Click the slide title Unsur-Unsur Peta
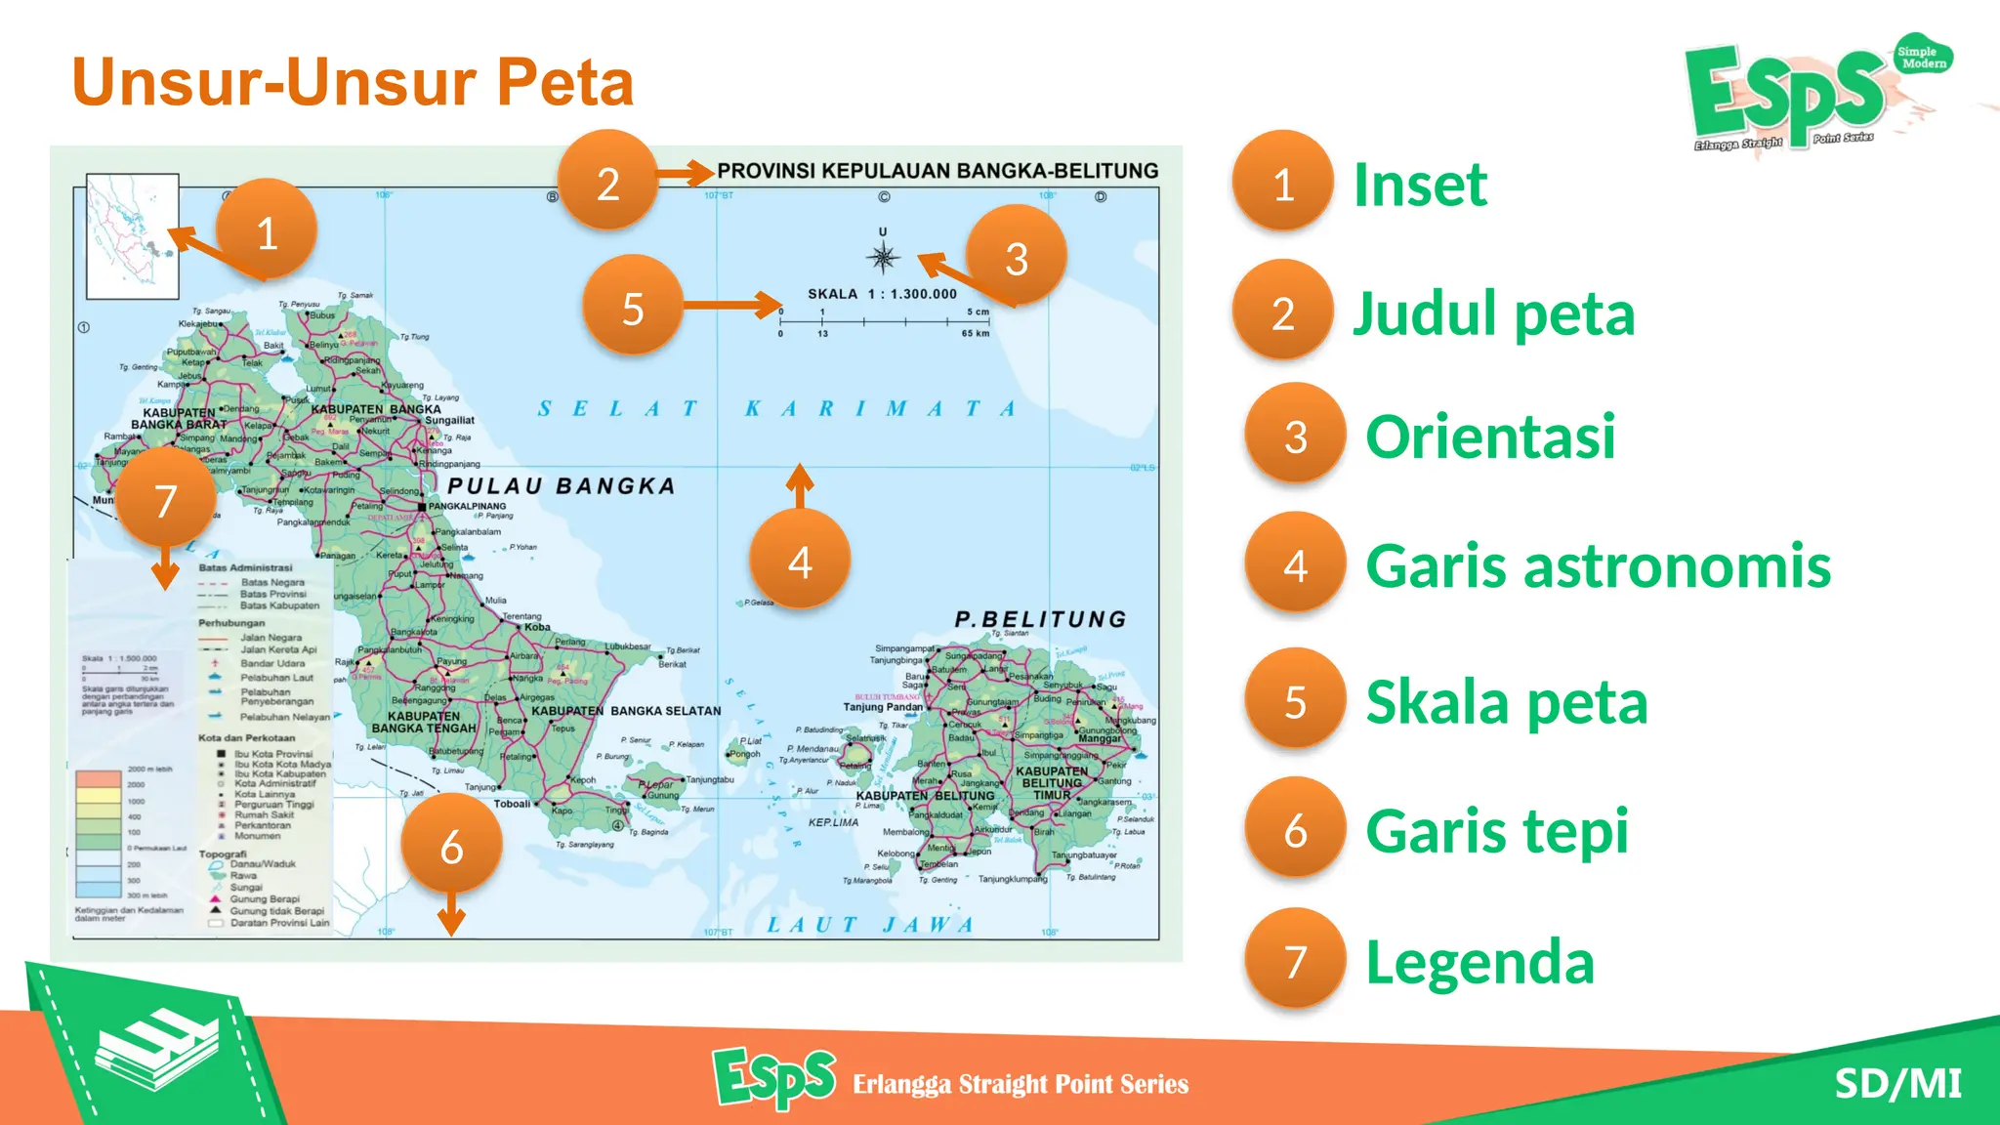click(x=353, y=82)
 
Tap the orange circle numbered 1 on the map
click(x=266, y=230)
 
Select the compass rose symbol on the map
click(x=883, y=257)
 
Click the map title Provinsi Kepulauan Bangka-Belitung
click(x=937, y=171)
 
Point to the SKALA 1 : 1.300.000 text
click(x=882, y=294)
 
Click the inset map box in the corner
click(x=133, y=236)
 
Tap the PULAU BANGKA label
click(x=562, y=486)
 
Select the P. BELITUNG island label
click(x=1040, y=619)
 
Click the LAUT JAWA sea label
click(x=870, y=924)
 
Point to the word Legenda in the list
click(x=1479, y=962)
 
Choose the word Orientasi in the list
click(x=1490, y=437)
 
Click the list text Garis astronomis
click(x=1598, y=566)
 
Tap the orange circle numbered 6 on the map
click(x=451, y=845)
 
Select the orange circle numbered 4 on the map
click(x=800, y=561)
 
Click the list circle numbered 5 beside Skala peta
click(x=1295, y=699)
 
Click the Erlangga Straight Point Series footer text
click(x=1021, y=1084)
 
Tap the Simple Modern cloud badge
click(x=1922, y=57)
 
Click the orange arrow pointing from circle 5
click(x=732, y=306)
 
